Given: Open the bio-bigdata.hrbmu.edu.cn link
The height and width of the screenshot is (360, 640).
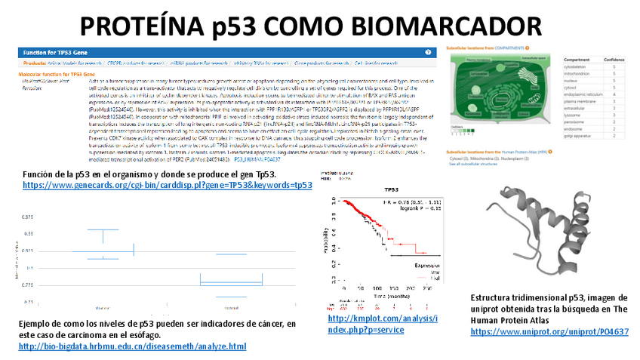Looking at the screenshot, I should pyautogui.click(x=132, y=346).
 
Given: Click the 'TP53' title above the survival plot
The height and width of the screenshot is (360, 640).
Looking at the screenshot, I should pyautogui.click(x=392, y=190).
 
